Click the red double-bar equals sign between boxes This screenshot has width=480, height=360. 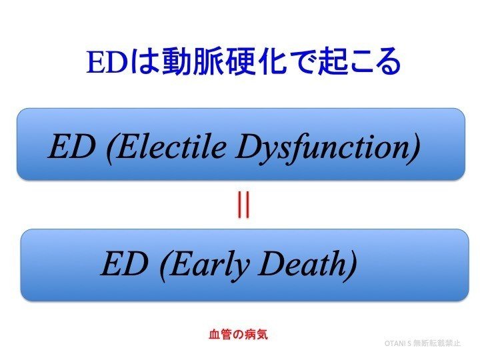(243, 205)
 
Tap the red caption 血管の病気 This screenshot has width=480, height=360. (239, 333)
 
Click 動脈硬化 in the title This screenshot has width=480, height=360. (215, 63)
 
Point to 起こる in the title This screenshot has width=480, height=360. (364, 63)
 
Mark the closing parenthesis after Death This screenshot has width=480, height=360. (351, 265)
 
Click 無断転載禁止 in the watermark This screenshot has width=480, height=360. (437, 343)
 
